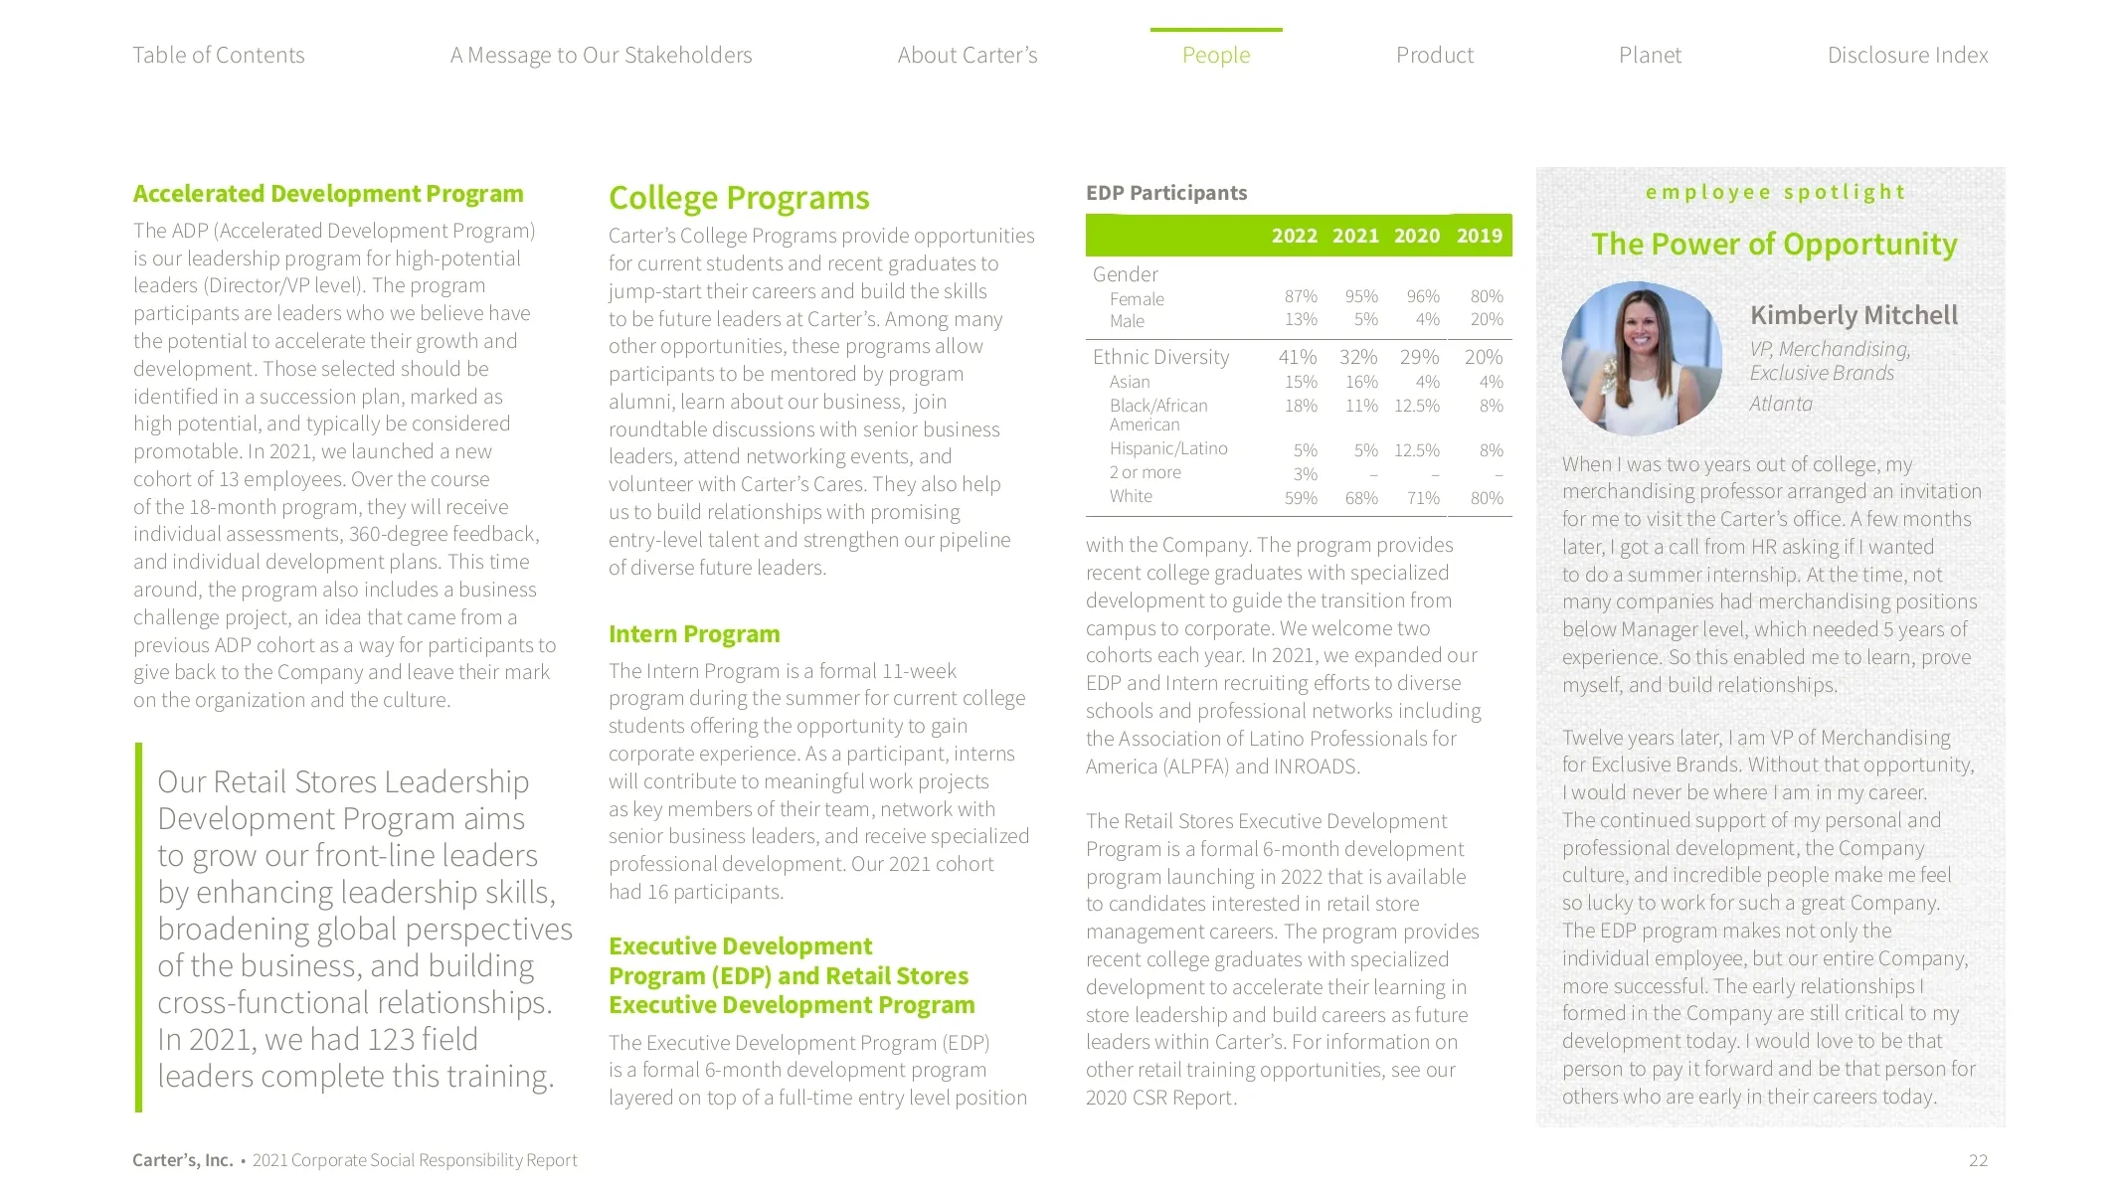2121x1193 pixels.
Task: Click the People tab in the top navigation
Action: (1215, 56)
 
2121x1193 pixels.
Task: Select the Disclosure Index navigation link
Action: (1907, 56)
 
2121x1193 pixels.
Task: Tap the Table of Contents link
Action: (219, 56)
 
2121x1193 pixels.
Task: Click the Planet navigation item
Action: (1650, 56)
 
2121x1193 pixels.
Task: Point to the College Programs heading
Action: (739, 198)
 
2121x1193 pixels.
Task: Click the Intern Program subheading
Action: (694, 634)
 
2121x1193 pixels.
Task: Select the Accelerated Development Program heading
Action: (328, 194)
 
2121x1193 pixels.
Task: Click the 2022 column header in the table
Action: (1294, 236)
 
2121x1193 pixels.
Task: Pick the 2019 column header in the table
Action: (1479, 236)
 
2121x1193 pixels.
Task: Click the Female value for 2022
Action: (1301, 296)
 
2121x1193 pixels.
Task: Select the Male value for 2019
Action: (1487, 319)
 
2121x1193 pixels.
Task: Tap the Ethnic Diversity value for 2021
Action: (1358, 357)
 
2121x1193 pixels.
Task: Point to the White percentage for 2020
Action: (1423, 498)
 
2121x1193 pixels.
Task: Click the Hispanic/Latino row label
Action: (1168, 448)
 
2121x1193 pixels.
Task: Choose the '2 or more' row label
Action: (1146, 472)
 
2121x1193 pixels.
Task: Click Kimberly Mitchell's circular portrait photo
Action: (1642, 359)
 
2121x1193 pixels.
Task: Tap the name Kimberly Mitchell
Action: (1854, 315)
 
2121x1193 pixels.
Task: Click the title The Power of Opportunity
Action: (1774, 244)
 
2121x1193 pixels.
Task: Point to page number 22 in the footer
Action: (1978, 1160)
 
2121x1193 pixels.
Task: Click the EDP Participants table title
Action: (1166, 193)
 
